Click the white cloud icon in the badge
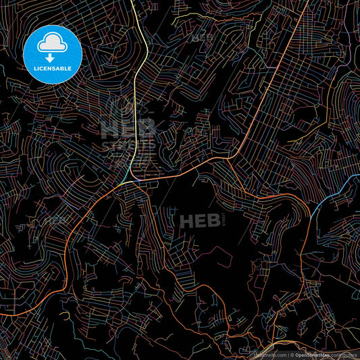click(51, 43)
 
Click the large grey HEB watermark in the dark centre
click(196, 220)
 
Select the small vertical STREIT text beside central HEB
click(220, 220)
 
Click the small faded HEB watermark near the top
click(203, 37)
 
